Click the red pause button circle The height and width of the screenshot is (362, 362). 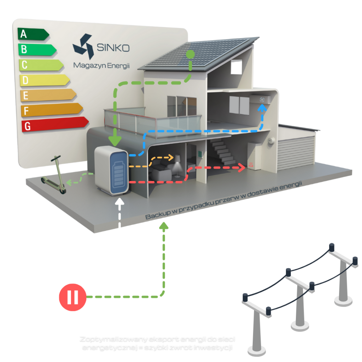tap(72, 297)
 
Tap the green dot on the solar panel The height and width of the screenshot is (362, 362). tap(190, 55)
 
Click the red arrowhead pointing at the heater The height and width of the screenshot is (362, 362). tap(242, 168)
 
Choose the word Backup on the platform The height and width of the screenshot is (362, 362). tap(156, 215)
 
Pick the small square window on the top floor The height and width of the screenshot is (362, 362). tap(236, 67)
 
